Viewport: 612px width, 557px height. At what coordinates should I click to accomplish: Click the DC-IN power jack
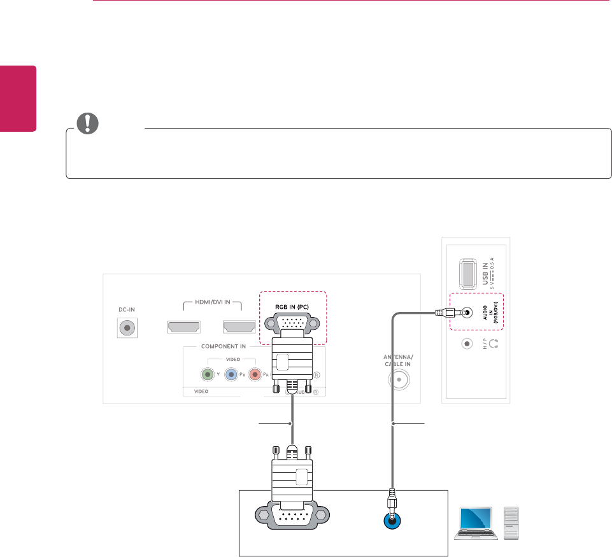tap(127, 328)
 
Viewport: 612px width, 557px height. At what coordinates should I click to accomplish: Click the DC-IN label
tap(127, 309)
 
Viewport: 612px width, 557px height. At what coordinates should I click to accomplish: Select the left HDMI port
tap(183, 327)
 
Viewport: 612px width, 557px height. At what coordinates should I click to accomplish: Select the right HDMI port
tap(239, 327)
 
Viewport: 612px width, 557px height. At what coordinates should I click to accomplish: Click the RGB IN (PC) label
tap(292, 306)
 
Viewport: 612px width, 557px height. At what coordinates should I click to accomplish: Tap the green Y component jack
tap(207, 374)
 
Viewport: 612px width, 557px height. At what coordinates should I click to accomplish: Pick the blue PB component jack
tap(231, 374)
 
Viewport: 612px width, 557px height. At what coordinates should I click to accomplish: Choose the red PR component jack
tap(255, 374)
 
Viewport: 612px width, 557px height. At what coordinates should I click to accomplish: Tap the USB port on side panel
tap(466, 273)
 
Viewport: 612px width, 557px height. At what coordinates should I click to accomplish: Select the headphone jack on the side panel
tap(467, 343)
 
